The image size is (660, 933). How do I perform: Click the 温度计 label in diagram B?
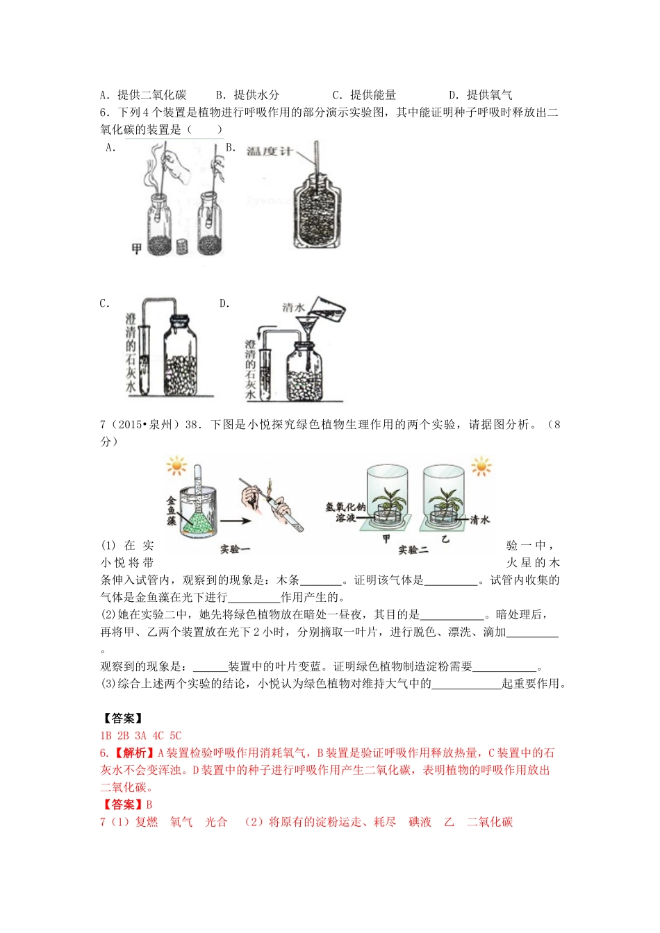[269, 151]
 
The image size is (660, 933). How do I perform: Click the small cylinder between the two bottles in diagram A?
[183, 246]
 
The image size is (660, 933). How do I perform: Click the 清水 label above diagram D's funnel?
[293, 307]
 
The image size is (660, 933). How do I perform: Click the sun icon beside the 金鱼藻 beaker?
[176, 466]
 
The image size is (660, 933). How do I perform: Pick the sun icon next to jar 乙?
[481, 466]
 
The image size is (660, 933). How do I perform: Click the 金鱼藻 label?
[171, 510]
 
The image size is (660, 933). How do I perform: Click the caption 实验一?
[234, 548]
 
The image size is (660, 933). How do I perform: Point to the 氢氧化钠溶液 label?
[345, 512]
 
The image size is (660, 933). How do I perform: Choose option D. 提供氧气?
[480, 95]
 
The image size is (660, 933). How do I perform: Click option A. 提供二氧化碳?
[143, 95]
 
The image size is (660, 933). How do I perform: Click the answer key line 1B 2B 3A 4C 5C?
[140, 735]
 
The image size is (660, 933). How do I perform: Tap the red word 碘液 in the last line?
[420, 822]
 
